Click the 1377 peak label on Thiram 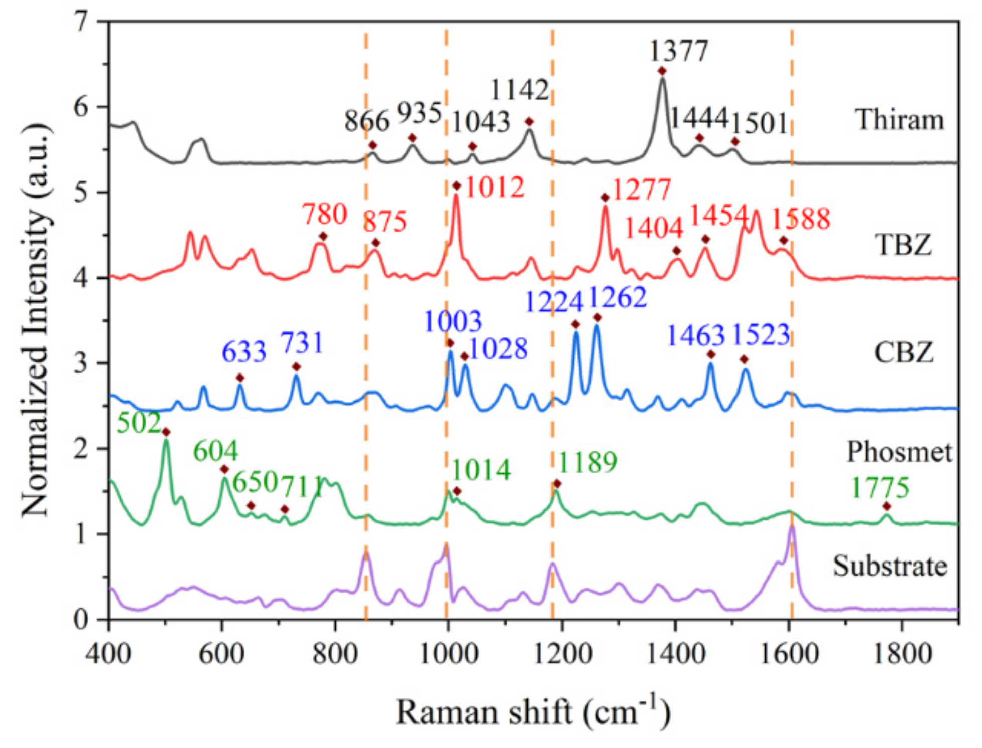(678, 51)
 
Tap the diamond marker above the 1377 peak (662, 71)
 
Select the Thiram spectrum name (900, 120)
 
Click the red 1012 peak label (495, 188)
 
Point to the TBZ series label (903, 245)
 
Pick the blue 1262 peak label (617, 297)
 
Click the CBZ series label (904, 352)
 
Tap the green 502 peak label (139, 423)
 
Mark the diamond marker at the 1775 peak (887, 507)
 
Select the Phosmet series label (899, 452)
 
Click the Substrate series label (890, 567)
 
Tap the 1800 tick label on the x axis (902, 654)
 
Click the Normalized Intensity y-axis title (36, 321)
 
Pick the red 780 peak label (324, 214)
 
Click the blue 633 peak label (243, 352)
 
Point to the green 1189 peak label (587, 462)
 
